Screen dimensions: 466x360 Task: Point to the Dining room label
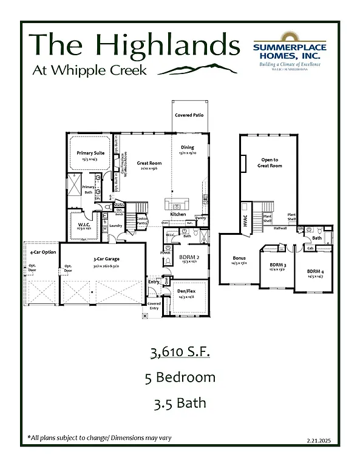[187, 147]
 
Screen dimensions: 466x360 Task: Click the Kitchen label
[177, 214]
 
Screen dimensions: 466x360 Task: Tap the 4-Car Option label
[40, 252]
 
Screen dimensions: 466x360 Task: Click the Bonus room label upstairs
[239, 258]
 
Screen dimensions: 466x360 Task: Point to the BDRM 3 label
[277, 265]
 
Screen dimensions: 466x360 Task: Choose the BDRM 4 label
[314, 271]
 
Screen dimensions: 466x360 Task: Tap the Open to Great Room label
[270, 163]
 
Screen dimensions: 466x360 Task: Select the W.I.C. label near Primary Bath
[84, 226]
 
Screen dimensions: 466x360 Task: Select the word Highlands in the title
[168, 46]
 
